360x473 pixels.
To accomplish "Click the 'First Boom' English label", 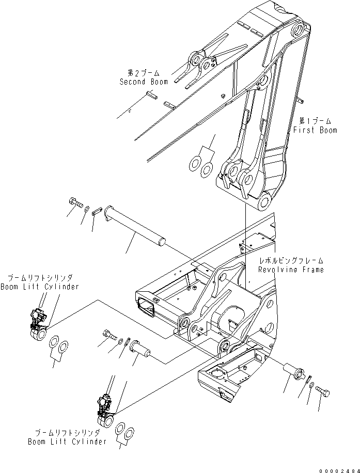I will [x=315, y=130].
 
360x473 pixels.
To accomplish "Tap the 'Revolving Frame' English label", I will [x=292, y=270].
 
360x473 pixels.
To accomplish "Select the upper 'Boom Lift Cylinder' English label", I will [x=40, y=287].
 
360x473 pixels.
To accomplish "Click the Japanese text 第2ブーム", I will [x=140, y=73].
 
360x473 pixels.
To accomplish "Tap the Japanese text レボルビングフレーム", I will [x=292, y=261].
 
